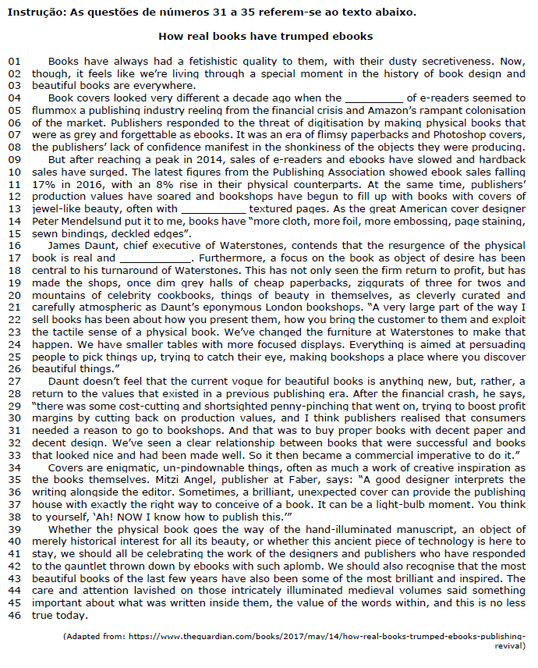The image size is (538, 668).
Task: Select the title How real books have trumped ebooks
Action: (265, 36)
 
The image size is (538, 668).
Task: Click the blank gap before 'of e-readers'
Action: (373, 98)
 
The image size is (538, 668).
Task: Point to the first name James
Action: (64, 246)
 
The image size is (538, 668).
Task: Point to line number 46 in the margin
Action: (13, 616)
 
